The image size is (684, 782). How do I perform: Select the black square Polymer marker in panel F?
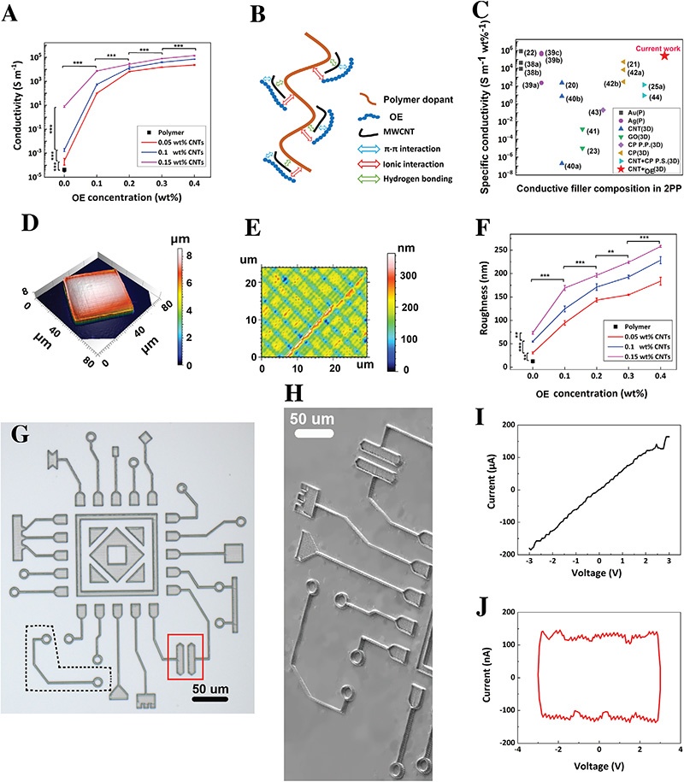(x=533, y=362)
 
